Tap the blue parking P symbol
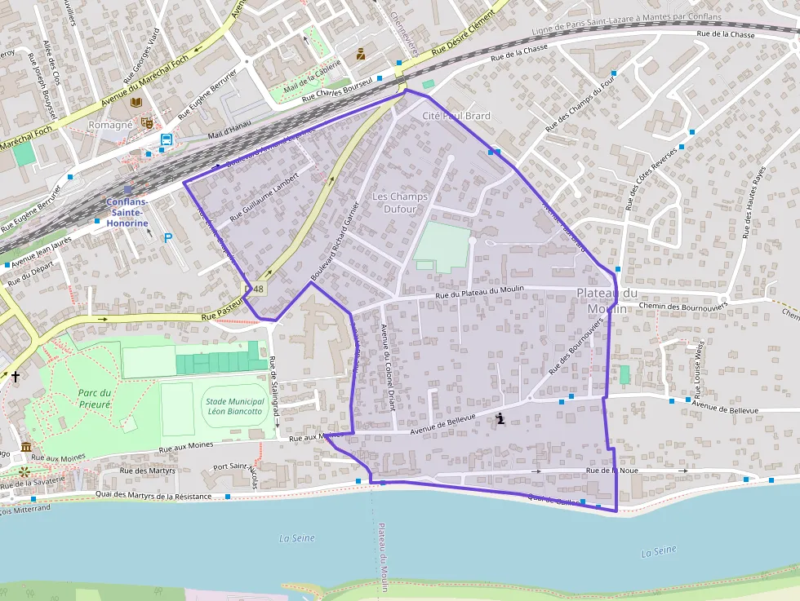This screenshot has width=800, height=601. (x=169, y=238)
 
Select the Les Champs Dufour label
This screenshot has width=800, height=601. (x=400, y=203)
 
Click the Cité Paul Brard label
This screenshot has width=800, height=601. (x=456, y=116)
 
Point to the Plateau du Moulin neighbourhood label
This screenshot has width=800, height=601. (x=607, y=301)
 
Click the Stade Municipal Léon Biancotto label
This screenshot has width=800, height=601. (x=235, y=406)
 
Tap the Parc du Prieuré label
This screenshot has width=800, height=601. (x=95, y=398)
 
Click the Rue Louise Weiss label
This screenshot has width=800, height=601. (x=699, y=366)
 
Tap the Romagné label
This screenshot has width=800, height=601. (x=109, y=125)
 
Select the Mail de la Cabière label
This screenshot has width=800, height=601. (x=312, y=78)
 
